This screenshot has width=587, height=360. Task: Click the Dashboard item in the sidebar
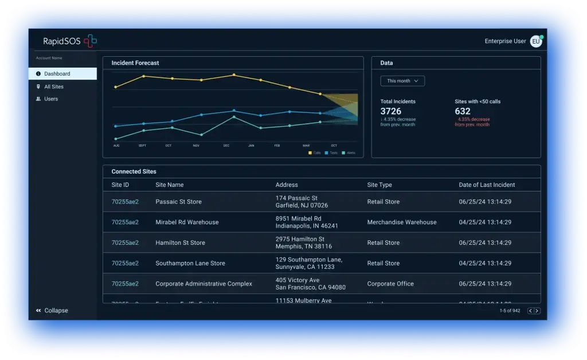coord(57,74)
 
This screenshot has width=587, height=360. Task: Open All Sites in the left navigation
coord(53,87)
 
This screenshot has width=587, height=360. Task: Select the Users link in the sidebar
coord(51,99)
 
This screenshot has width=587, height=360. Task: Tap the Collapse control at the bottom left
coord(52,311)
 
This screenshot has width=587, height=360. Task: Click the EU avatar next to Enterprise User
coord(535,41)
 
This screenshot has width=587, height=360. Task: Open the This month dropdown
coord(402,81)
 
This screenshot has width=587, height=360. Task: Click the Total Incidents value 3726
coord(391,111)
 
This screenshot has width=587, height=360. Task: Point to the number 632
coord(463,111)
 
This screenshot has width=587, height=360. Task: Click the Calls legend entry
coord(315,153)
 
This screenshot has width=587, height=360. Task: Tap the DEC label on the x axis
coord(226,146)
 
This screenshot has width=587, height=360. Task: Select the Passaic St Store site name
coord(178,202)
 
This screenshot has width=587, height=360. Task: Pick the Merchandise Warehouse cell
coord(402,222)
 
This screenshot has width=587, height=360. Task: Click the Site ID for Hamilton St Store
coord(125,243)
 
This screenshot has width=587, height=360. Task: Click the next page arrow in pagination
coord(537,311)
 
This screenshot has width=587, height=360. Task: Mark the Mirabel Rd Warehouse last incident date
coord(485,222)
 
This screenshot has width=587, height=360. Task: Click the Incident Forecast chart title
coord(135,63)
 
